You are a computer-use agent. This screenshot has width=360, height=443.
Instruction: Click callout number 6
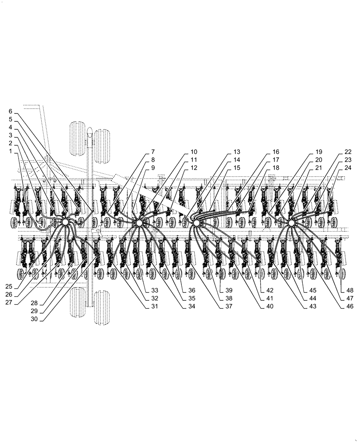(x=11, y=111)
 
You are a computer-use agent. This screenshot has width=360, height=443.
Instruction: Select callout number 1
(x=11, y=152)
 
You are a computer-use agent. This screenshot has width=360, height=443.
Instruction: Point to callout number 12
(x=194, y=168)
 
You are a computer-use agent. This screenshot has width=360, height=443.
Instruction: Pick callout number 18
(x=276, y=168)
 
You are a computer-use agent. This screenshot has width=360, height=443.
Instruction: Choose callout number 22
(x=348, y=152)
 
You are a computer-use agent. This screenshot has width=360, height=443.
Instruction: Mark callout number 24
(x=348, y=168)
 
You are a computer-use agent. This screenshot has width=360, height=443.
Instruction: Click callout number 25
(x=9, y=287)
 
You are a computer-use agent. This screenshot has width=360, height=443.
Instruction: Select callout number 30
(x=35, y=319)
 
